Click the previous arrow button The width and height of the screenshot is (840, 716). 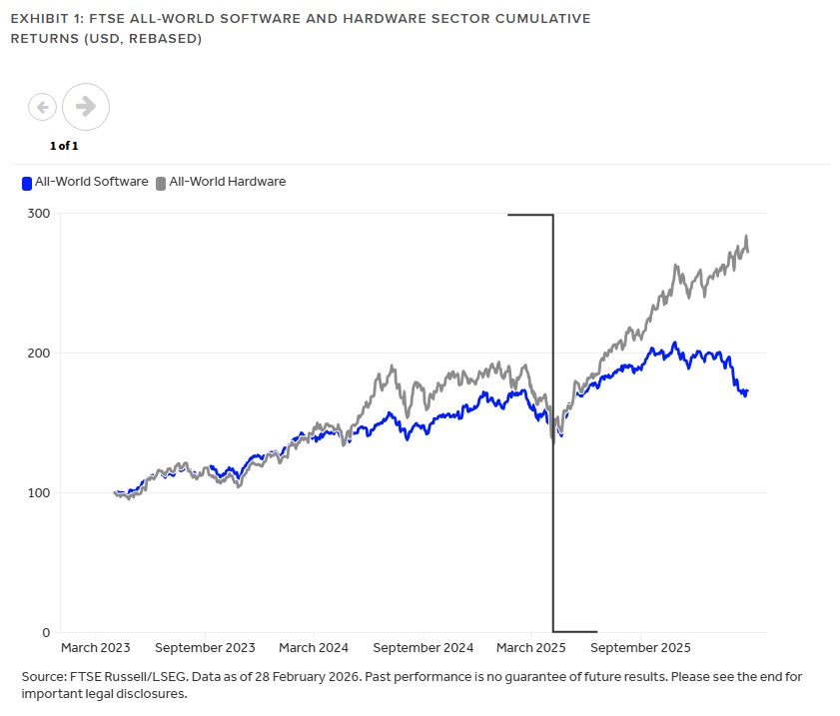click(42, 106)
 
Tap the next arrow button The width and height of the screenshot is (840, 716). click(86, 106)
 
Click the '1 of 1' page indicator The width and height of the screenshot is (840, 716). click(64, 146)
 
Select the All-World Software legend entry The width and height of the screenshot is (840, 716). click(91, 182)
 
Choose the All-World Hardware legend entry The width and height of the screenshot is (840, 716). click(227, 182)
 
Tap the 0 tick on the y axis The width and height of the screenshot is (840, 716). click(46, 633)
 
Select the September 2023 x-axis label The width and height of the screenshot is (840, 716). click(205, 647)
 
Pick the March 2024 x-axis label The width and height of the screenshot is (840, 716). click(313, 647)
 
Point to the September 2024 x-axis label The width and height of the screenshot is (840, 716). click(422, 647)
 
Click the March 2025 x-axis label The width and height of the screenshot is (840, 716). click(530, 647)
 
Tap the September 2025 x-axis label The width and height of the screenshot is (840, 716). click(640, 647)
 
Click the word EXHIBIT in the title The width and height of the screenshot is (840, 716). click(37, 19)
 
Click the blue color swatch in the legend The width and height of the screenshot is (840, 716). click(27, 183)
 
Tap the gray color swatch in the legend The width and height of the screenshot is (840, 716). click(161, 183)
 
